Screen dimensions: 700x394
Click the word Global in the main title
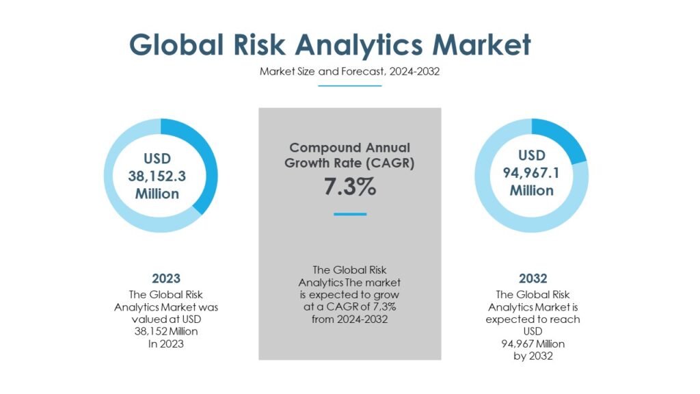(176, 44)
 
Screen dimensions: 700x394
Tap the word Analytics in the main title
(358, 46)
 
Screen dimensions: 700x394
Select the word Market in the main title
(482, 44)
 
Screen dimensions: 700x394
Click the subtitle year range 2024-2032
(414, 71)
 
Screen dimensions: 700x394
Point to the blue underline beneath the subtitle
(349, 86)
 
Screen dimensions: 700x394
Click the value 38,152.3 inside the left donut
(157, 176)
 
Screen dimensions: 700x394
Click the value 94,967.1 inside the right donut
(531, 173)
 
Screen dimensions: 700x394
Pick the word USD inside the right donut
(532, 155)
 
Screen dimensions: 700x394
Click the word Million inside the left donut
(157, 194)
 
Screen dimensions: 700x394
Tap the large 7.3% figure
(350, 186)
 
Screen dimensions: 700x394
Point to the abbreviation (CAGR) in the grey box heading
(390, 163)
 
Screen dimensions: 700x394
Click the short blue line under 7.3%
(350, 214)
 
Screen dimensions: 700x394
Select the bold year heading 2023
(166, 279)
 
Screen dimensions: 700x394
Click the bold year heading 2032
(533, 279)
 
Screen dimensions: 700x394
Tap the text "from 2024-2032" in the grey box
(349, 319)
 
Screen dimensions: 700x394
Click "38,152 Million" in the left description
(166, 332)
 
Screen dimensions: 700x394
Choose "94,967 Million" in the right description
(533, 344)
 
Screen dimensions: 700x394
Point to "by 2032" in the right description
(533, 356)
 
